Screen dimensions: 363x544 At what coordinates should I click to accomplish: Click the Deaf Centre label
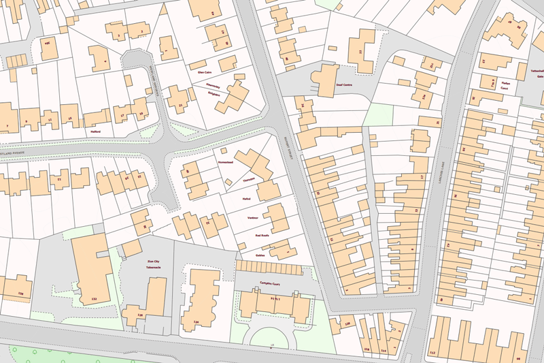click(x=344, y=85)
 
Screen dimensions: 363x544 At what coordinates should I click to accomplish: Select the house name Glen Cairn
click(x=205, y=72)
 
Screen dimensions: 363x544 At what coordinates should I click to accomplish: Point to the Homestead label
click(x=225, y=163)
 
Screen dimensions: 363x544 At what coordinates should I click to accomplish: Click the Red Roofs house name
click(x=262, y=235)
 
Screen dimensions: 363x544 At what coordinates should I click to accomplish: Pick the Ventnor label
click(x=252, y=217)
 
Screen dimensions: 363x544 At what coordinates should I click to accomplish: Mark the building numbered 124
click(x=197, y=321)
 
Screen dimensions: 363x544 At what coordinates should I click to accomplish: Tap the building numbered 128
click(x=20, y=294)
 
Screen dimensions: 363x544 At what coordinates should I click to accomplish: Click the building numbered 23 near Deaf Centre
click(x=360, y=52)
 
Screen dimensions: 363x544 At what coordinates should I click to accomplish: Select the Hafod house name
click(x=246, y=198)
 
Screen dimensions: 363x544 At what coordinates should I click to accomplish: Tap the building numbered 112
click(x=432, y=353)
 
